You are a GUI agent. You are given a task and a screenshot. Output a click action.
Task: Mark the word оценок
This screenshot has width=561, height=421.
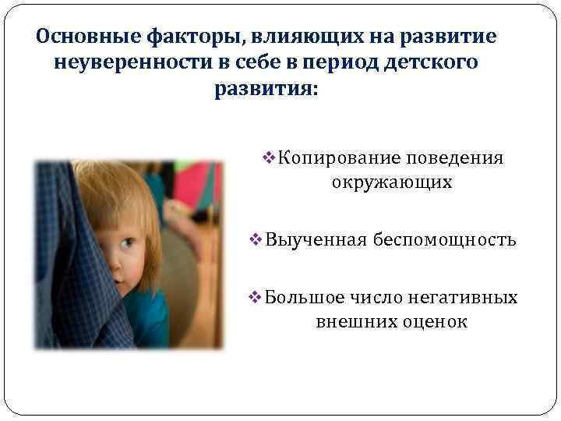[434, 321]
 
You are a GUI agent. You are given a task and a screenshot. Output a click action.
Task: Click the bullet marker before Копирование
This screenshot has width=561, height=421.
[271, 158]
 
